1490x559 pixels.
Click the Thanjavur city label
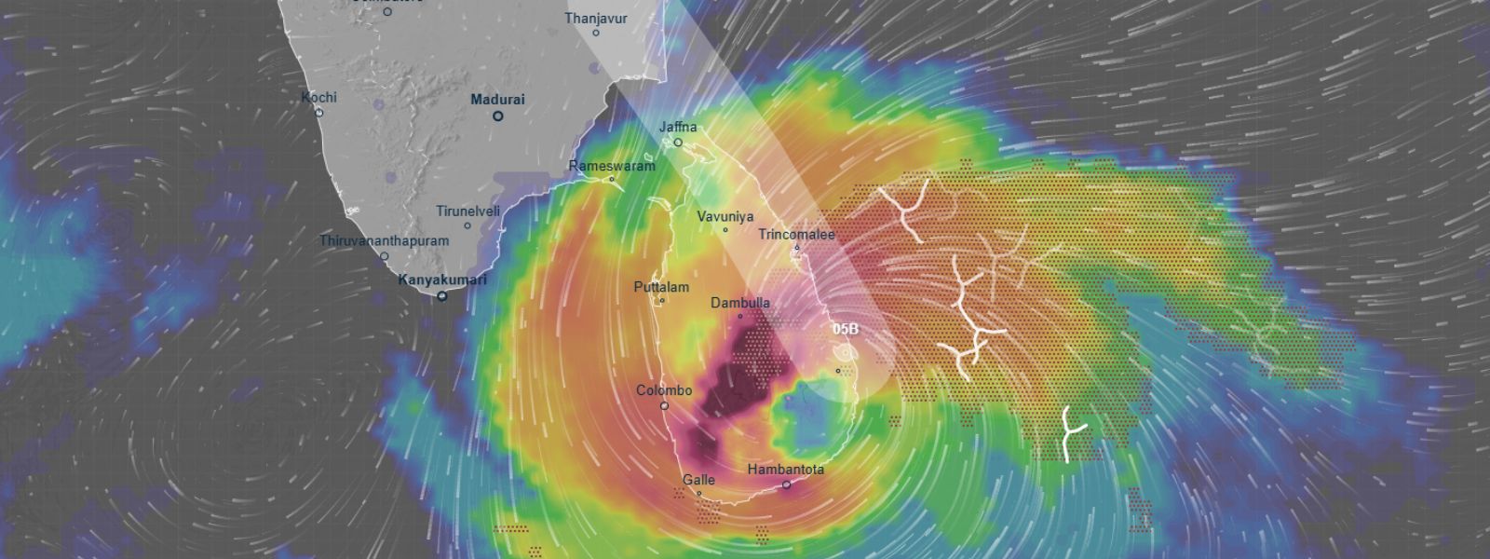pos(596,18)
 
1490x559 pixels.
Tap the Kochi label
pos(318,97)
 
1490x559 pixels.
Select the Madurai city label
pos(497,100)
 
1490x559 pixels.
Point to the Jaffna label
pos(678,127)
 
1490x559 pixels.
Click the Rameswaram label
pos(612,166)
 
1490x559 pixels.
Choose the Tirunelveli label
pos(467,211)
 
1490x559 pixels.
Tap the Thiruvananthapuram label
pos(384,240)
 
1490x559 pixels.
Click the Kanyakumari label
pos(442,279)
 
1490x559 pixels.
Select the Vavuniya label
pos(725,216)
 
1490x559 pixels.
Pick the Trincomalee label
pos(796,234)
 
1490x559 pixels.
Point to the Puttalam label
pos(661,287)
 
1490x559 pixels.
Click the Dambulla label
pos(740,303)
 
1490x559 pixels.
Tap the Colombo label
pos(664,390)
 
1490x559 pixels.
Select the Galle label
pos(698,480)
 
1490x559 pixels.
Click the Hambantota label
pos(785,470)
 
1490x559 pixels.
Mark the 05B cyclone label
pos(846,330)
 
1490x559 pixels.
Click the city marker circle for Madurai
pos(498,116)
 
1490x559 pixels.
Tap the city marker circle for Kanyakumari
pos(442,296)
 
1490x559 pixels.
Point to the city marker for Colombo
pos(664,406)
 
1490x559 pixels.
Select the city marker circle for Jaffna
pos(678,143)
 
